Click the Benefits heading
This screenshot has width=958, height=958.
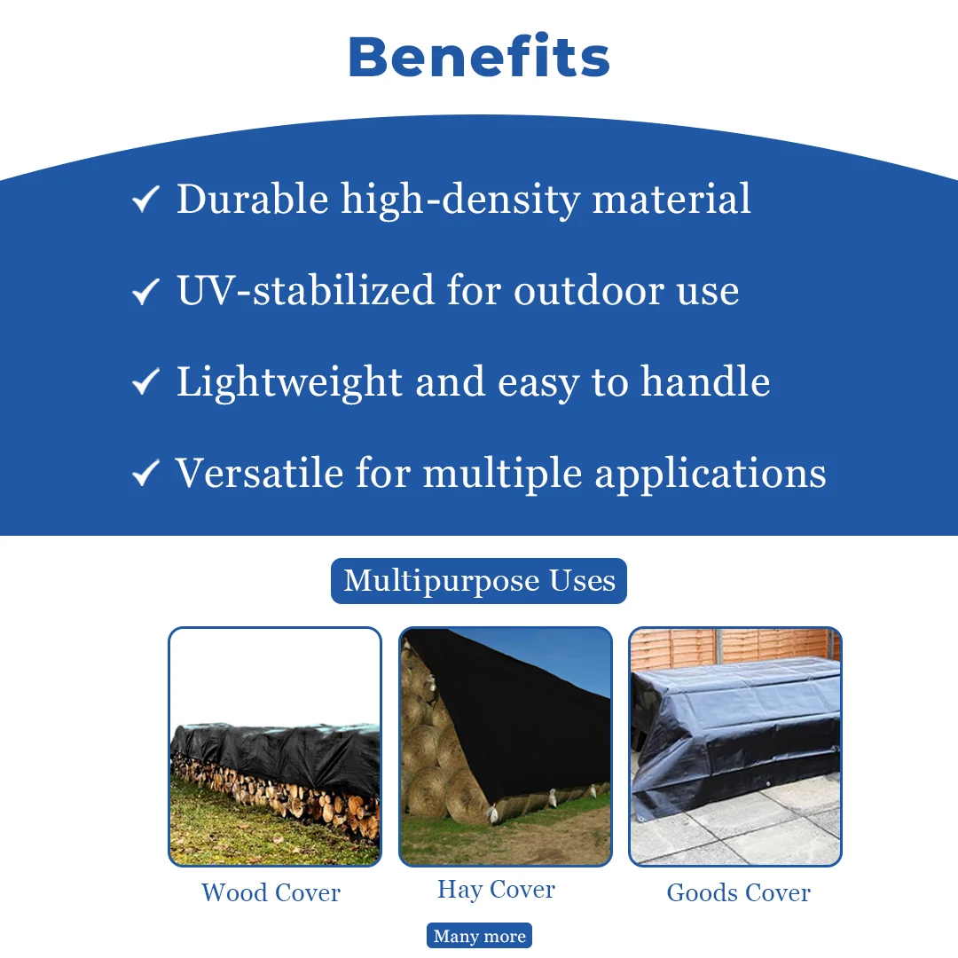(x=479, y=57)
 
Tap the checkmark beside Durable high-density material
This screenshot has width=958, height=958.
(x=145, y=200)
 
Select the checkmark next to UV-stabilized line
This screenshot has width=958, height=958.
(x=145, y=291)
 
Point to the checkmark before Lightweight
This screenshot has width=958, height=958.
(x=145, y=381)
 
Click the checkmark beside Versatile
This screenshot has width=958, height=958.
(x=145, y=474)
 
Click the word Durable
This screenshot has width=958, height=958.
(x=252, y=199)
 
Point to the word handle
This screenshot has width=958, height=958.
(x=706, y=381)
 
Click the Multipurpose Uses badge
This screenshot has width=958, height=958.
(x=479, y=581)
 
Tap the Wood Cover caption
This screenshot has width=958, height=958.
(x=271, y=892)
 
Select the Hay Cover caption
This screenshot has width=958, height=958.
(x=496, y=891)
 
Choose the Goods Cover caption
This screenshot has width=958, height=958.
(x=738, y=892)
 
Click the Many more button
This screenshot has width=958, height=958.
(x=479, y=936)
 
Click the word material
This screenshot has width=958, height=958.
(x=671, y=199)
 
